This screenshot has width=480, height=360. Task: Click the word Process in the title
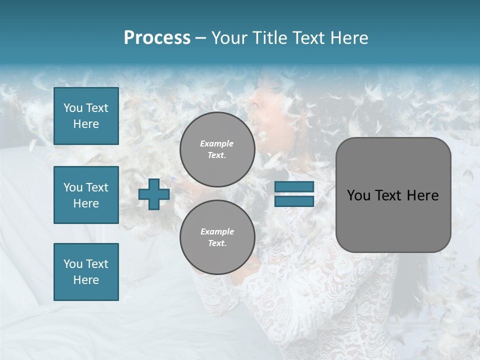pos(157,37)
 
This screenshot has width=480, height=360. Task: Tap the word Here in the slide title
pos(348,37)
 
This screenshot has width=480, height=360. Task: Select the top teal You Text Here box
pos(86,116)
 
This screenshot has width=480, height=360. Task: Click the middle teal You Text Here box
pos(86,195)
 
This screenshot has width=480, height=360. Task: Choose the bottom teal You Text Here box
pos(86,272)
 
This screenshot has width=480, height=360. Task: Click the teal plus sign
pos(154,194)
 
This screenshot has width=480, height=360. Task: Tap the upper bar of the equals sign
pos(294,187)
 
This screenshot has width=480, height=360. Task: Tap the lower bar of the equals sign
pos(294,201)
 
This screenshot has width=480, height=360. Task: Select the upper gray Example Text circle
pos(217,149)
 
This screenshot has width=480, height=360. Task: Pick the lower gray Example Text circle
pos(217,237)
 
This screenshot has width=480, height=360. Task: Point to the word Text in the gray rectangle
pos(389,195)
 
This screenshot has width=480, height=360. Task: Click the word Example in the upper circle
pos(217,143)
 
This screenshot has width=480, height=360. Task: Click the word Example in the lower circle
pos(217,231)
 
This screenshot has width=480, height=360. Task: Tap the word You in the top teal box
pos(73,108)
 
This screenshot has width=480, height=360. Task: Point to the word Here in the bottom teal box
pos(86,280)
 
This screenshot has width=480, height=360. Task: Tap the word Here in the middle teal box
pos(86,203)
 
